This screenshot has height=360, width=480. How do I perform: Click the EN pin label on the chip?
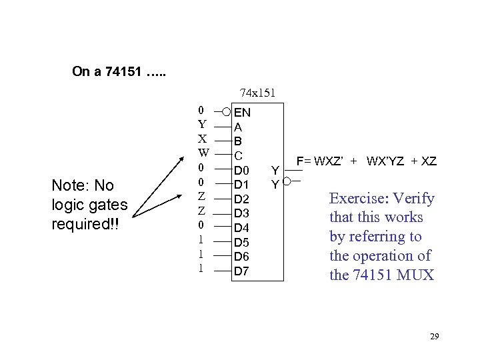coord(242,113)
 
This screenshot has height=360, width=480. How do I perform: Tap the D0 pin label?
coord(241,170)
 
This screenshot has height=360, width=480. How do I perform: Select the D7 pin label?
coord(241,271)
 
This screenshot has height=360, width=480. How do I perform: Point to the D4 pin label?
coord(241,228)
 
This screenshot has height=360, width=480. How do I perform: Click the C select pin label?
coord(238,155)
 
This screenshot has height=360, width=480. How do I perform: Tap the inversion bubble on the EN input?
coord(227,111)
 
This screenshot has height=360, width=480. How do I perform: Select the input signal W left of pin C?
coord(203,153)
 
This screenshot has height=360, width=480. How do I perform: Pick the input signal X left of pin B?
coord(202,138)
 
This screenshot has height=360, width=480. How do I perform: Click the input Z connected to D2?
coord(202,196)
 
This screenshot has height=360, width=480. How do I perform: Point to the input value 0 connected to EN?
coord(202,109)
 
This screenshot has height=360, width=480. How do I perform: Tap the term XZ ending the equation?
coord(428,161)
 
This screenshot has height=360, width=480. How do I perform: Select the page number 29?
coord(434,337)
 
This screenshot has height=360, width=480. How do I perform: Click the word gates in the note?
coord(107,205)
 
